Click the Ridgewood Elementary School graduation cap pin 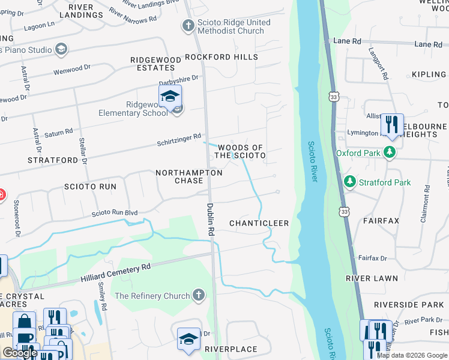[170, 97]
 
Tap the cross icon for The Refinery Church [199, 296]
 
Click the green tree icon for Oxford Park [390, 153]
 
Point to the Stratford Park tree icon [349, 182]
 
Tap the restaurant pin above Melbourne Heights [392, 125]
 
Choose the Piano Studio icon [61, 49]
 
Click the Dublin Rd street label [211, 218]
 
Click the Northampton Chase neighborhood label [188, 176]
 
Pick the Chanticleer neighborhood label [259, 223]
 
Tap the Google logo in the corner [20, 353]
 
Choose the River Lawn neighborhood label [372, 279]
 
